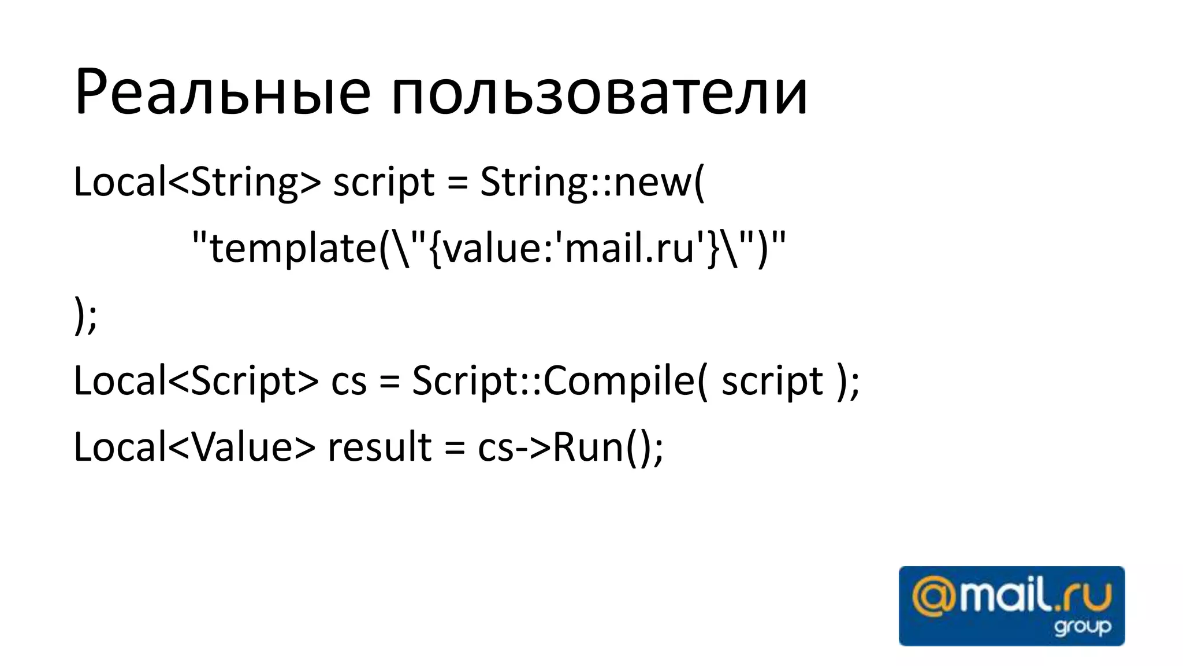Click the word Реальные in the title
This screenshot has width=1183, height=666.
coord(222,92)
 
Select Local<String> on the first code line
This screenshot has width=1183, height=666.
coord(196,182)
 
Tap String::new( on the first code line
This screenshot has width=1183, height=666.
coord(592,182)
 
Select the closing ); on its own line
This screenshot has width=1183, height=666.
coord(85,315)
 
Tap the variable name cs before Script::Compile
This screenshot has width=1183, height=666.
coord(349,382)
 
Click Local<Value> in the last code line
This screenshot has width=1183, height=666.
coord(194,447)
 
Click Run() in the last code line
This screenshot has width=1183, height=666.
coord(601,447)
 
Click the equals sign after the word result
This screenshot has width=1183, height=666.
coord(455,449)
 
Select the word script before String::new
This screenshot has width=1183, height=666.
coord(384,182)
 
